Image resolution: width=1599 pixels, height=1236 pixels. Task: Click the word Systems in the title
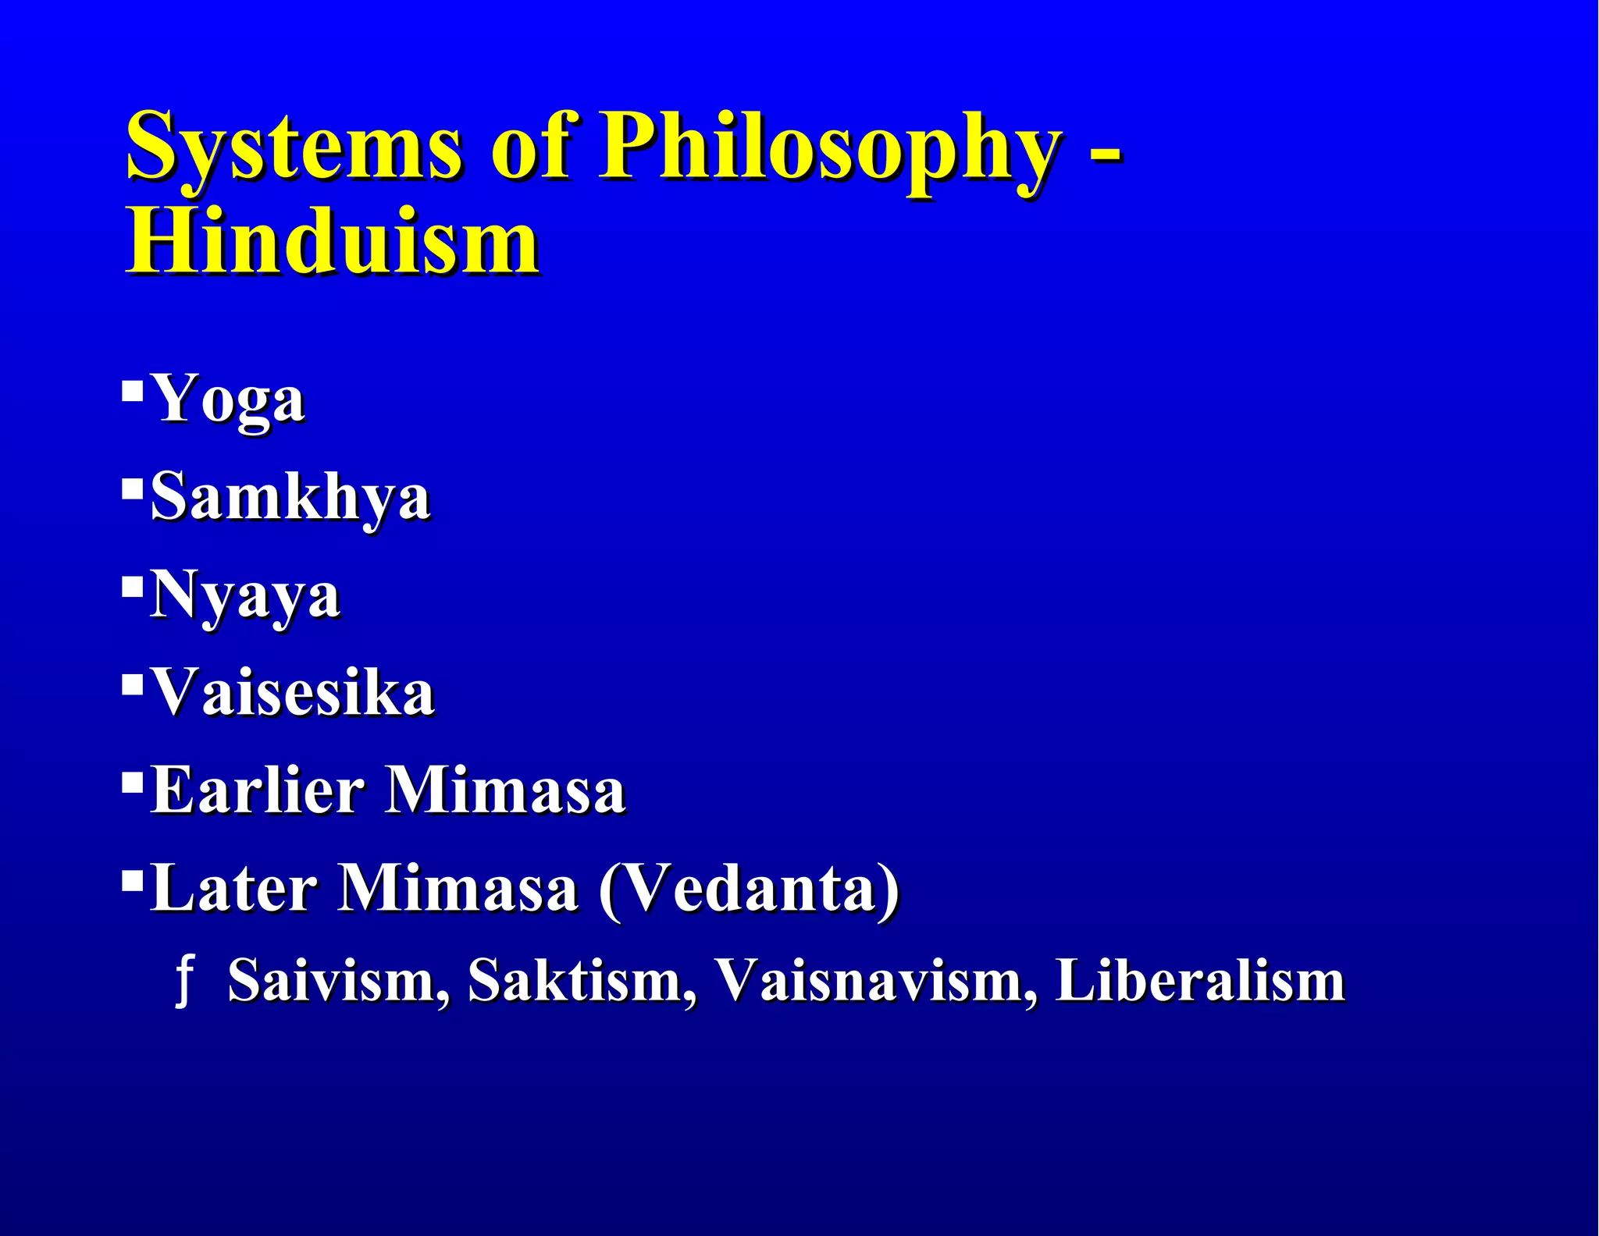coord(294,147)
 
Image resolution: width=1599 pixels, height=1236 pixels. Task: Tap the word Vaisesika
coord(292,692)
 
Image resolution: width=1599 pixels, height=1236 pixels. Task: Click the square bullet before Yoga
coord(132,388)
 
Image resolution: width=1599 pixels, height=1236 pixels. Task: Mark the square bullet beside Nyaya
coord(132,584)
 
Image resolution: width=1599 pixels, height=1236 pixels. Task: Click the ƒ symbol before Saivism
coord(184,982)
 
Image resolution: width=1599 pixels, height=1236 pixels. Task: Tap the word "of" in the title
coord(531,147)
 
